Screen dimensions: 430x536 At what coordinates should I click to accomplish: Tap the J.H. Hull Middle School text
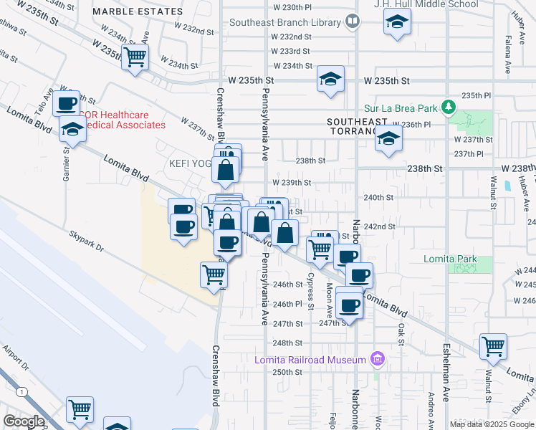coord(426,4)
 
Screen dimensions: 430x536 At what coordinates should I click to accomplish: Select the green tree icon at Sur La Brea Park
coord(449,107)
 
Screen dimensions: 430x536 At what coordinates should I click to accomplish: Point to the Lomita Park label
coord(470,259)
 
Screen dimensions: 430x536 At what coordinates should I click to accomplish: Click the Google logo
coord(24,421)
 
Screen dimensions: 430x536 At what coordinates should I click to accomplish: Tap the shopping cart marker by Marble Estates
coord(135,57)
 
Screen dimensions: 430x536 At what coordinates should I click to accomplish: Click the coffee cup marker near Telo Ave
coord(67,104)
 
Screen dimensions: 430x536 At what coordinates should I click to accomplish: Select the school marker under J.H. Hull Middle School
coord(396,23)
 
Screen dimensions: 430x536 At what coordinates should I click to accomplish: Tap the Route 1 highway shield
coord(24,392)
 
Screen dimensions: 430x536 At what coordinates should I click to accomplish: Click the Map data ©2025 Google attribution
coord(492,424)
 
